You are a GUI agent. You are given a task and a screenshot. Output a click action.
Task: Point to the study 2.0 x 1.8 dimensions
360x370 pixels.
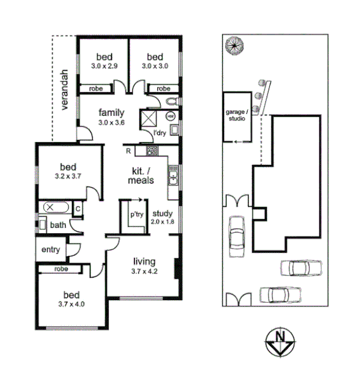(163, 222)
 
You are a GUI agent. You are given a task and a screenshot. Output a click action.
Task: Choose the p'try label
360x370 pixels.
(136, 215)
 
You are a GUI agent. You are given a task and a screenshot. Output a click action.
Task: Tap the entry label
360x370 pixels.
(51, 250)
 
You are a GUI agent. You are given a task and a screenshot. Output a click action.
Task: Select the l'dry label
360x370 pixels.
(160, 133)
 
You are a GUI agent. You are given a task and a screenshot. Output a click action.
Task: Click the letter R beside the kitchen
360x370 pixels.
(128, 151)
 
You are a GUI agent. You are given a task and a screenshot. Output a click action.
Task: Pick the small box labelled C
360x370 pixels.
(77, 208)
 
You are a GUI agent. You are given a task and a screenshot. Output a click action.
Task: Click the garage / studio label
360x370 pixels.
(236, 114)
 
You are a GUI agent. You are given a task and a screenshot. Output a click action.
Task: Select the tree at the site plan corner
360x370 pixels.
(235, 46)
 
